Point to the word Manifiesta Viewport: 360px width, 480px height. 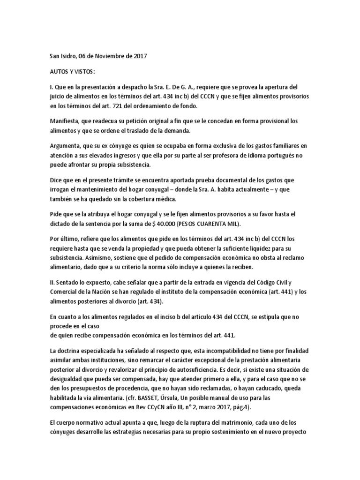(66, 121)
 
